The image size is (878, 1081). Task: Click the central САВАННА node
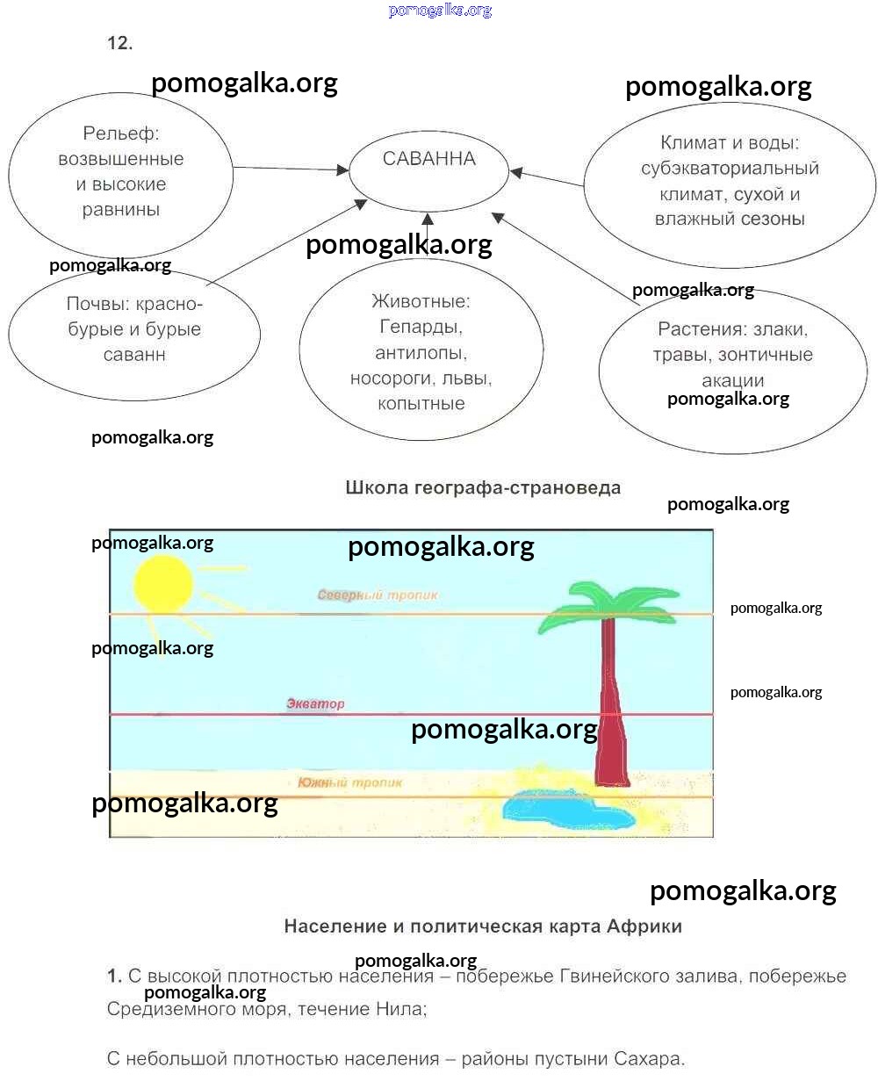click(x=429, y=160)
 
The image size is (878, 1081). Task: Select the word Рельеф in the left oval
click(x=120, y=134)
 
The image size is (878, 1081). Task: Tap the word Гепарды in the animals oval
click(x=421, y=327)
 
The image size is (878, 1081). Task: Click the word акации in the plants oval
click(x=732, y=380)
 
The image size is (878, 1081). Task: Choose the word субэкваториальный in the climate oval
click(x=730, y=169)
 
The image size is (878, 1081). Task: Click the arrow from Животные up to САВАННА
click(x=428, y=234)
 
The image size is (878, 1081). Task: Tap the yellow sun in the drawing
click(x=162, y=583)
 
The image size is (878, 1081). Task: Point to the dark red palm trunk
click(x=609, y=703)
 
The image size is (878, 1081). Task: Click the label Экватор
click(x=315, y=703)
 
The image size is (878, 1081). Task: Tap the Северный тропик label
click(x=377, y=595)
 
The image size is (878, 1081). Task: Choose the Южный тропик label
click(x=349, y=782)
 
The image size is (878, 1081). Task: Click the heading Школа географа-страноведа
click(x=483, y=487)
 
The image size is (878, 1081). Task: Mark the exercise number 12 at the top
click(x=119, y=43)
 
